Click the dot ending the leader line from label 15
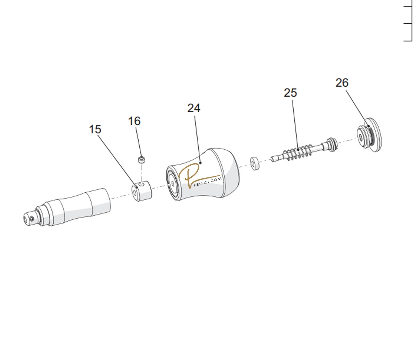pyautogui.click(x=137, y=188)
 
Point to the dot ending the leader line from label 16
pyautogui.click(x=141, y=157)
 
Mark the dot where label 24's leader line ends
pyautogui.click(x=200, y=163)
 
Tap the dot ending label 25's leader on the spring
pyautogui.click(x=298, y=150)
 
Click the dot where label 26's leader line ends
pyautogui.click(x=369, y=126)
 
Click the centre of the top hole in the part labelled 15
pyautogui.click(x=142, y=184)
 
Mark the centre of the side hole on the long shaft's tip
pyautogui.click(x=32, y=218)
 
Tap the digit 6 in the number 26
pyautogui.click(x=345, y=83)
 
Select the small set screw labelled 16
pyautogui.click(x=142, y=160)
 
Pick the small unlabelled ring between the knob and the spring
pyautogui.click(x=254, y=164)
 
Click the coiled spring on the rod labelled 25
pyautogui.click(x=297, y=152)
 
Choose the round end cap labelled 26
pyautogui.click(x=369, y=135)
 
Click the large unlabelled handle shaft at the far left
pyautogui.click(x=67, y=207)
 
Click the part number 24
pyautogui.click(x=194, y=108)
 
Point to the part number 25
pyautogui.click(x=290, y=93)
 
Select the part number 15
pyautogui.click(x=95, y=129)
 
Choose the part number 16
pyautogui.click(x=134, y=121)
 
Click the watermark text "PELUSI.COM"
pyautogui.click(x=208, y=182)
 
